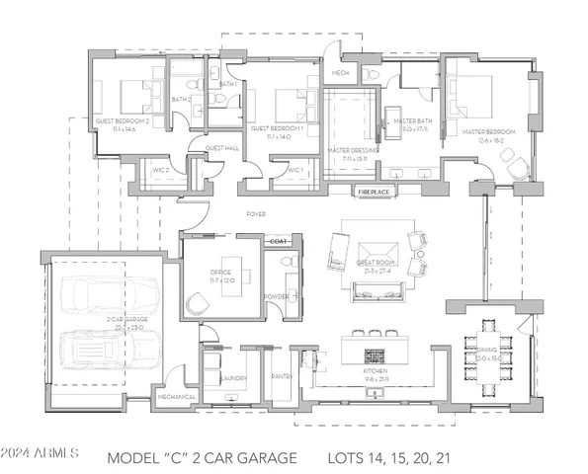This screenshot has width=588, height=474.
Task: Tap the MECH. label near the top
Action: (340, 73)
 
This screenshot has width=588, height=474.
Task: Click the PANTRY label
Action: (282, 376)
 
